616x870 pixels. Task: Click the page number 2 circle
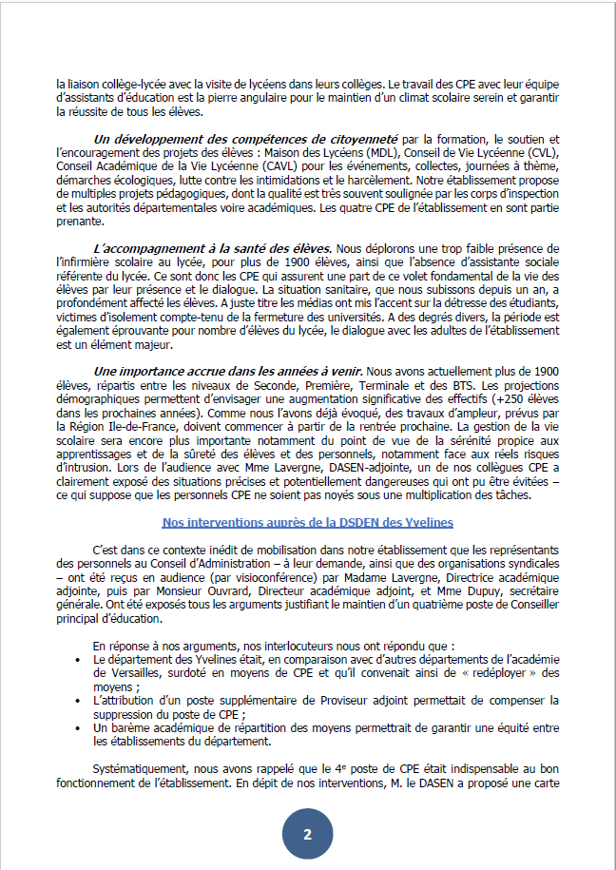pyautogui.click(x=307, y=835)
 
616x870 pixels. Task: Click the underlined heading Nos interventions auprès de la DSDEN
pyautogui.click(x=307, y=523)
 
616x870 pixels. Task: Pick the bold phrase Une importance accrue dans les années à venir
pyautogui.click(x=228, y=369)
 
